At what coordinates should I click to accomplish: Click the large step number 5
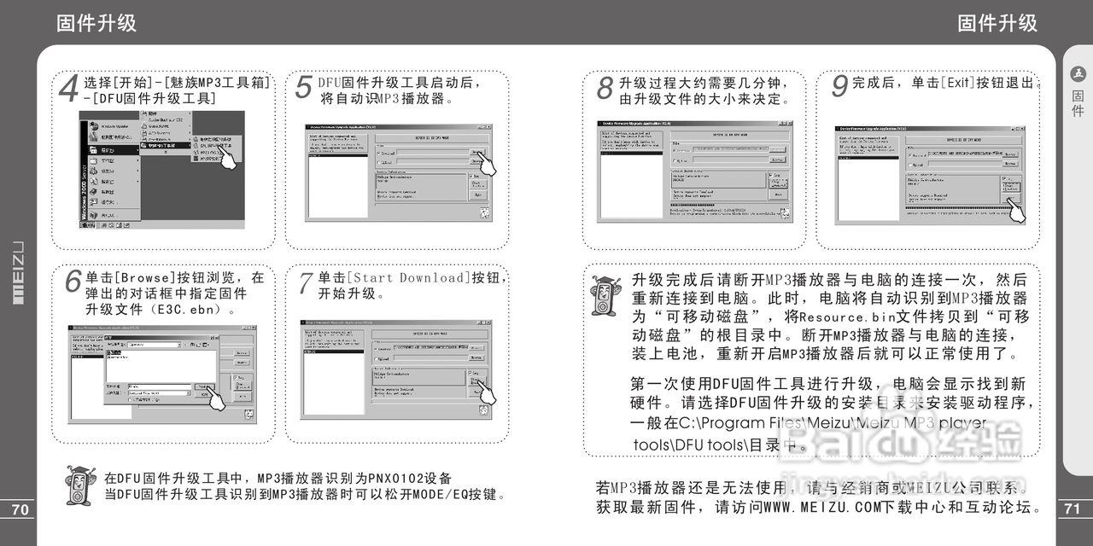point(303,88)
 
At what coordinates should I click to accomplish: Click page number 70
point(18,509)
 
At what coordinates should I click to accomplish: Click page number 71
point(1074,509)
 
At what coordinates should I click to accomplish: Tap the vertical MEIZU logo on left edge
point(17,273)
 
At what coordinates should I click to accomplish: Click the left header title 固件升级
point(96,23)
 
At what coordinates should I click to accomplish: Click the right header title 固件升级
point(997,23)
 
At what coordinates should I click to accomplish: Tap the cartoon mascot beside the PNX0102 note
point(79,485)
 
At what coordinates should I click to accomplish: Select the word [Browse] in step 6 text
point(143,278)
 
